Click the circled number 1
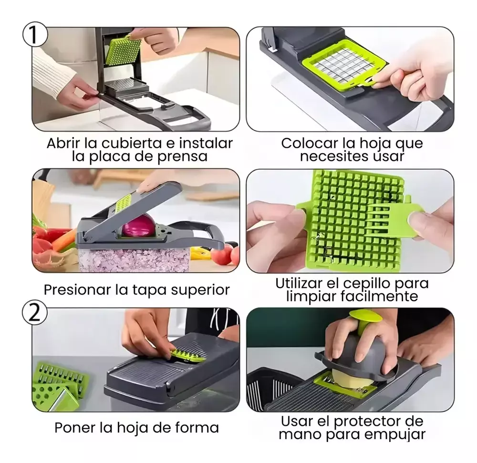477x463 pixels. pyautogui.click(x=35, y=34)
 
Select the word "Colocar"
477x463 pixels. pyautogui.click(x=310, y=143)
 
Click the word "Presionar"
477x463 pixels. pyautogui.click(x=77, y=290)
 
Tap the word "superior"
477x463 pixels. pyautogui.click(x=200, y=290)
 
